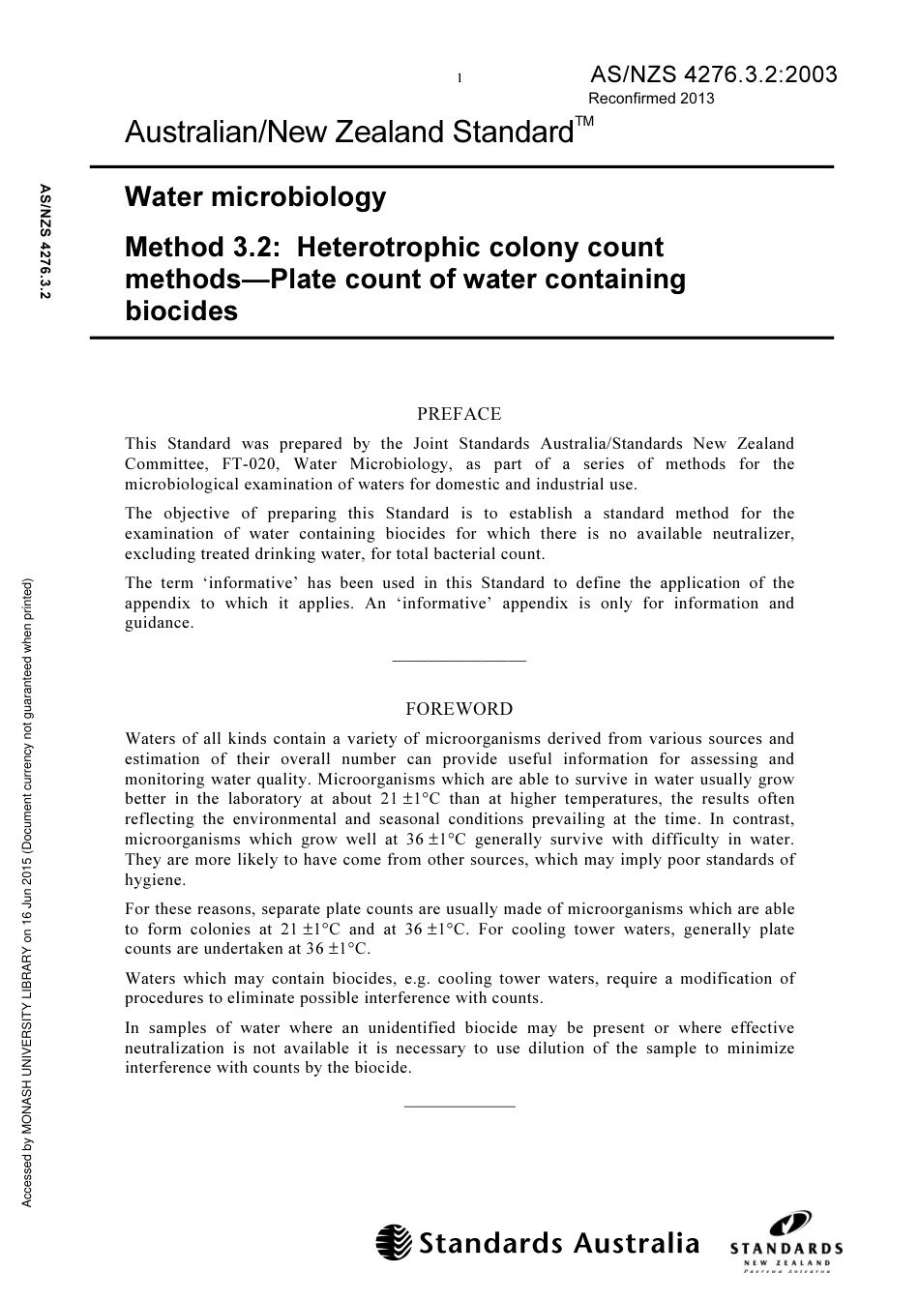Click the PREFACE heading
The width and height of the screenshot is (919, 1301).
coord(459,414)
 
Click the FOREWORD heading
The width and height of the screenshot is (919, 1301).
coord(459,709)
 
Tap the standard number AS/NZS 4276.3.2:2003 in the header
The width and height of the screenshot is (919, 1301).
coord(712,74)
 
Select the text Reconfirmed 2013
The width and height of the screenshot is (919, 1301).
coord(651,99)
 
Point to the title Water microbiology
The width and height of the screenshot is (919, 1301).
coord(255,197)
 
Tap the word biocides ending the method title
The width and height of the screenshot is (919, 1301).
coord(181,311)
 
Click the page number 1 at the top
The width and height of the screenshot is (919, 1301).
coord(459,77)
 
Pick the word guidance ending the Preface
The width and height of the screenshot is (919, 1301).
coord(159,624)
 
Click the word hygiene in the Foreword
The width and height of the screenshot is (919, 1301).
coord(155,880)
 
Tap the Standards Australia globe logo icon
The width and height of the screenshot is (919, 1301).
coord(394,1243)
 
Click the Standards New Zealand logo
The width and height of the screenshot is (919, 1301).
coord(786,1243)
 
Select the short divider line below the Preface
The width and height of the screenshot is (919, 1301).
coord(459,661)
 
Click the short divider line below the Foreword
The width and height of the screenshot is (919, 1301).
coord(459,1105)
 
